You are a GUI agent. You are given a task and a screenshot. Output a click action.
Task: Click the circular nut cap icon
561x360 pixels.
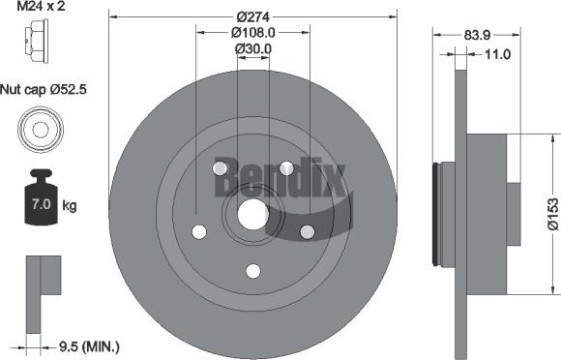click(40, 128)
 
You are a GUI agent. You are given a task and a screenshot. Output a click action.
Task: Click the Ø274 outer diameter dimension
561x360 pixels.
click(253, 15)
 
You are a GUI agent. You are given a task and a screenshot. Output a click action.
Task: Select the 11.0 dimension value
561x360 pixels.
click(496, 55)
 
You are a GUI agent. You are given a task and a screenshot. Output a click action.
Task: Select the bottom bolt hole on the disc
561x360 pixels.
click(253, 271)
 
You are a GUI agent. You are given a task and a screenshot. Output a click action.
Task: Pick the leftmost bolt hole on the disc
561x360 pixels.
click(199, 232)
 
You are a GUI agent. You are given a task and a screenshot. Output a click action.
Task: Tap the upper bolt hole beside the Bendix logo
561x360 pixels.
click(286, 169)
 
